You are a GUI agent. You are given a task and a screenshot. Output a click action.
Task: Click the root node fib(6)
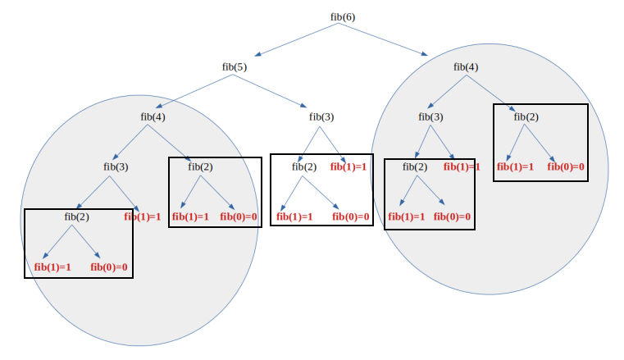[x=338, y=16]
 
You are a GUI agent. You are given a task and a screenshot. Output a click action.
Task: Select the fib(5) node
[x=234, y=66]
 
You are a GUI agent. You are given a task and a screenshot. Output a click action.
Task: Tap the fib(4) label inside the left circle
[x=153, y=116]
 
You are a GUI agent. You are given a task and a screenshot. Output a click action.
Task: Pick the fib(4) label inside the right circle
[x=466, y=66]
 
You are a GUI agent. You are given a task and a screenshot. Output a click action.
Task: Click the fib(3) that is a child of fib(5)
[x=321, y=116]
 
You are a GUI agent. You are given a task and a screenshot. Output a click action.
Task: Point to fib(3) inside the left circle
[x=116, y=166]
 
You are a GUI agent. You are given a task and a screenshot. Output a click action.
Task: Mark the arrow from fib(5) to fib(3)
[x=275, y=91]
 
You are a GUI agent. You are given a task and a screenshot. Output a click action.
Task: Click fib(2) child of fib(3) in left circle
[x=76, y=216]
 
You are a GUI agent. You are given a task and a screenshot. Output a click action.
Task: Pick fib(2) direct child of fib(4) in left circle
[x=200, y=166]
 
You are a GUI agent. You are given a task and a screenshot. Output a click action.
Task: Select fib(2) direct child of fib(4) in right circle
[x=526, y=116]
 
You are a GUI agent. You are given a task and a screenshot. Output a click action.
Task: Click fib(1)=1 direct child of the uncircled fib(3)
[x=348, y=166]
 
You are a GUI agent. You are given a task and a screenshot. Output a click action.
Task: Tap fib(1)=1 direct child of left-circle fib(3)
[x=143, y=216]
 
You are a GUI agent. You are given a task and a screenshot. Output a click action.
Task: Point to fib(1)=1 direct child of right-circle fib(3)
[x=461, y=166]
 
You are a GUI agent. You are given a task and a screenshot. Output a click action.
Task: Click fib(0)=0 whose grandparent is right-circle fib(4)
[x=566, y=166]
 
